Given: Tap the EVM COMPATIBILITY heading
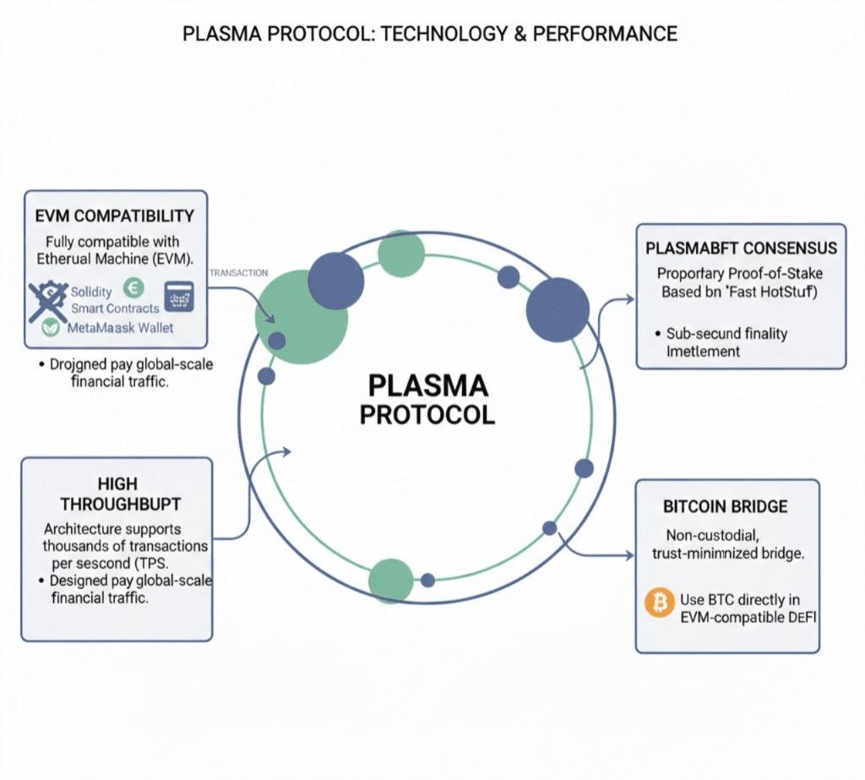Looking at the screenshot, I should (115, 215).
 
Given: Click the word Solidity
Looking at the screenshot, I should (91, 292).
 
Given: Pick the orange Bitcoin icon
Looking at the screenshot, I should (657, 602).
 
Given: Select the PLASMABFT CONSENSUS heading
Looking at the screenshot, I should (741, 248).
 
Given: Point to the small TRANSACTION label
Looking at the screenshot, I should (238, 273).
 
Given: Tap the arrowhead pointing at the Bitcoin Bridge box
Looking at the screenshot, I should (629, 555).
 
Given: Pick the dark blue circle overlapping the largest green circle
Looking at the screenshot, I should (335, 281).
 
